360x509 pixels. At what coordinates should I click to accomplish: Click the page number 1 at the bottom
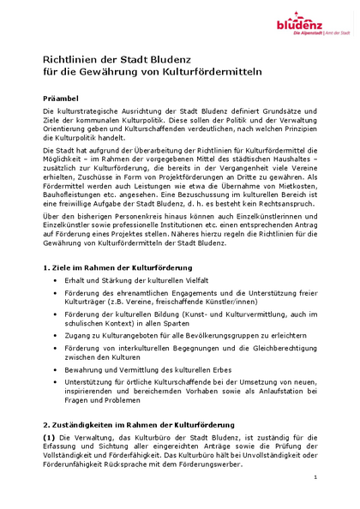[315, 476]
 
